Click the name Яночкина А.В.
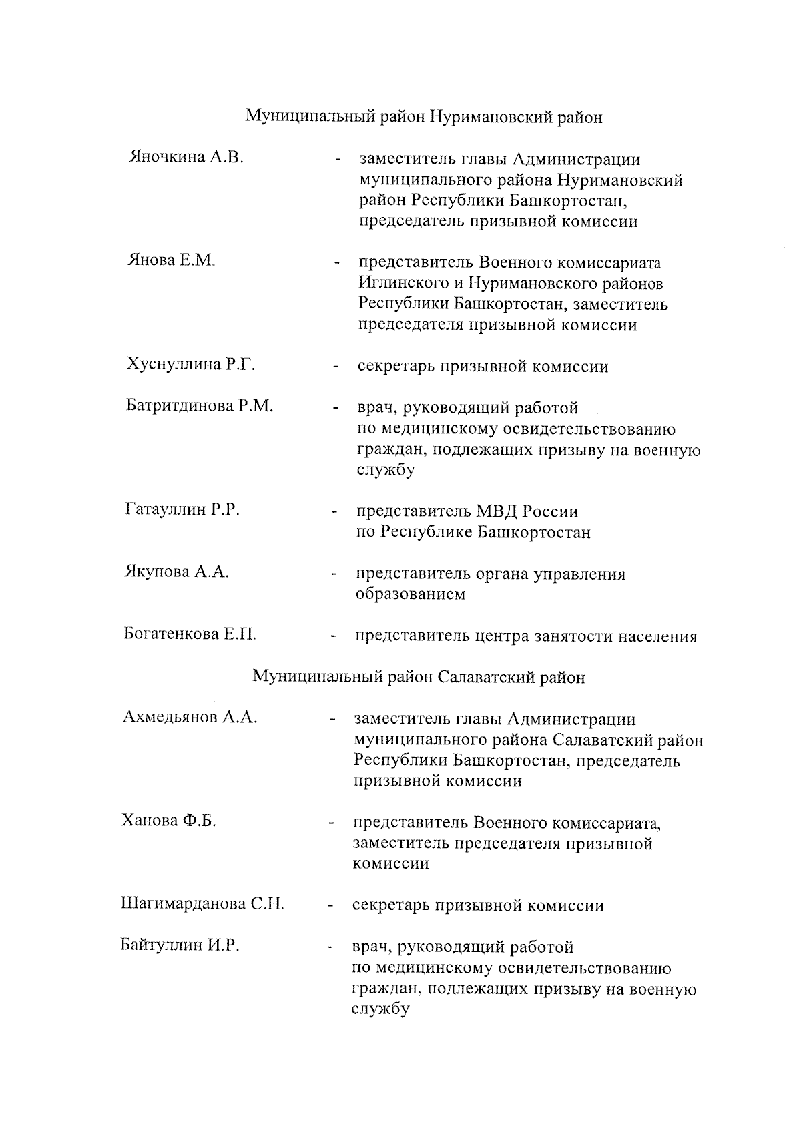pos(186,158)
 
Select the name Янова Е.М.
pos(172,260)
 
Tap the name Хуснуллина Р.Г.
pos(191,365)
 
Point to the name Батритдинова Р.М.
pos(200,406)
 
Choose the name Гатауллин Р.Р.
pos(182,511)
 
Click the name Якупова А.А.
pos(177,572)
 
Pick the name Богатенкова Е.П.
pos(190,634)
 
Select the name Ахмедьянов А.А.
pos(190,718)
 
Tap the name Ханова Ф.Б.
pos(169,821)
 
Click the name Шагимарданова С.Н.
pos(202,905)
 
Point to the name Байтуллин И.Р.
pos(180,946)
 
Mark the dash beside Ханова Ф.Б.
pos(330,823)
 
